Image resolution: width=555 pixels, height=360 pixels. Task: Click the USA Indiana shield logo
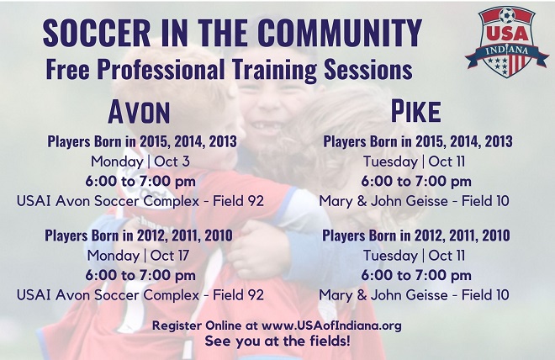(x=507, y=41)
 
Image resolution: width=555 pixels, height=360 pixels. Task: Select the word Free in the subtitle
(x=67, y=69)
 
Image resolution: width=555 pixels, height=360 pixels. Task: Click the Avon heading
(x=139, y=112)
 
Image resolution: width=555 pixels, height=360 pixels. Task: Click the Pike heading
(x=416, y=112)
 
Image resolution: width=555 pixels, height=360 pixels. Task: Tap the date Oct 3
(x=172, y=161)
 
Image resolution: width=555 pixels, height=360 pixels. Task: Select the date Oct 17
(x=170, y=256)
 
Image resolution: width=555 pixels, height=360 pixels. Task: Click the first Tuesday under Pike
(x=391, y=162)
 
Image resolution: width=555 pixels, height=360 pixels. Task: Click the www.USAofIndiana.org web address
(x=331, y=326)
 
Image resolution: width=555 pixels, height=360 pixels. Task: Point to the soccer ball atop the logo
(x=507, y=15)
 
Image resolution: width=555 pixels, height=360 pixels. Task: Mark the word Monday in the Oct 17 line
(x=114, y=256)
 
